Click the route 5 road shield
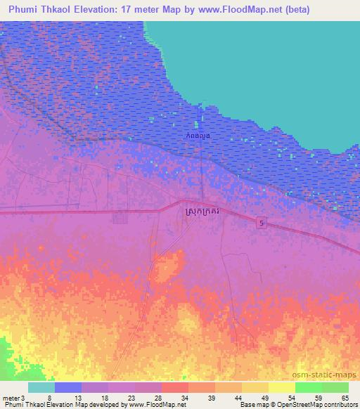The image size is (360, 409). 262,223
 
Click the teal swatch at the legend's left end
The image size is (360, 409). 41,387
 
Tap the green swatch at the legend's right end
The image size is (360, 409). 335,387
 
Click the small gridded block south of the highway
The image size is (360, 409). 120,219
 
